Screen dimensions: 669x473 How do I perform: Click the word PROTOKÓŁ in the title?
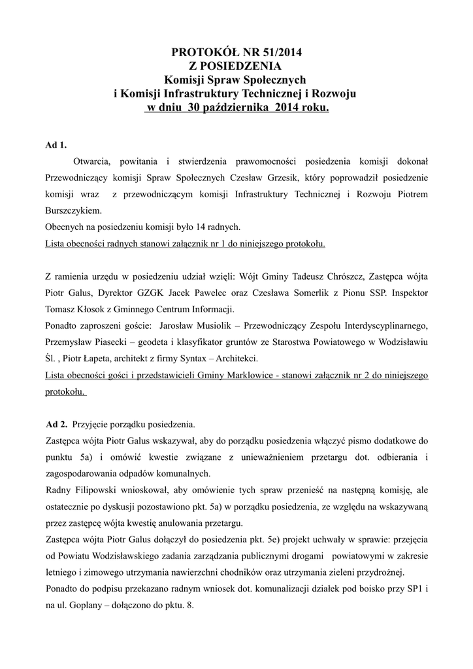click(x=199, y=52)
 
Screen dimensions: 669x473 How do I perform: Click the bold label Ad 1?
click(x=56, y=144)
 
